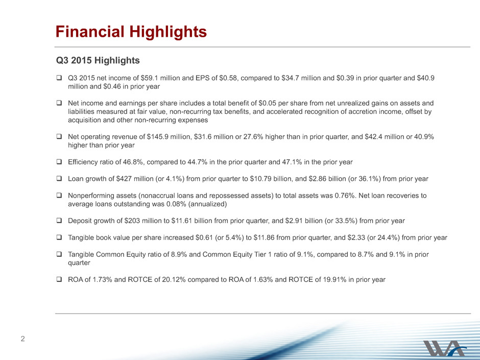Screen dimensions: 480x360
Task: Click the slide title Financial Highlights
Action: click(131, 32)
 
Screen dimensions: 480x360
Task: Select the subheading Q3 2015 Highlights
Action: click(98, 60)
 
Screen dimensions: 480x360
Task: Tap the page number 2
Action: click(22, 339)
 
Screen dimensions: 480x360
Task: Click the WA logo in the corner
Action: click(444, 348)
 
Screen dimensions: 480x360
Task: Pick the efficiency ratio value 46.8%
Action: click(133, 162)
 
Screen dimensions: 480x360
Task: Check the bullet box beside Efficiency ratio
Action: click(59, 162)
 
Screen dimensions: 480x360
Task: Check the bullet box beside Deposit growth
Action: click(59, 221)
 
